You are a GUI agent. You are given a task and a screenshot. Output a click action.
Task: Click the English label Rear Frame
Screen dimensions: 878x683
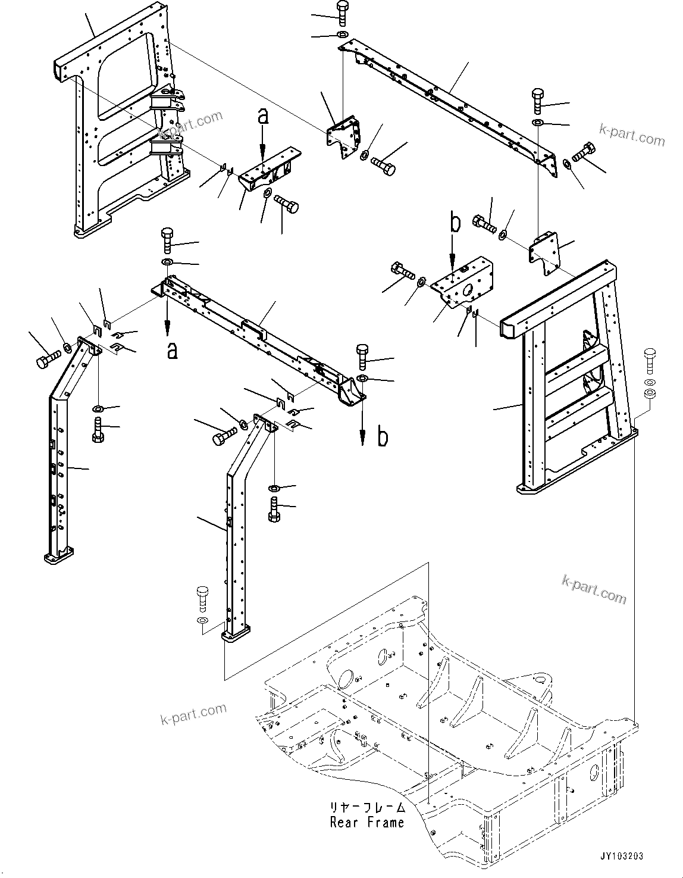367,823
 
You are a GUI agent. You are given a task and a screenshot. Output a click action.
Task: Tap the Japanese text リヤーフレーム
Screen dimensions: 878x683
368,808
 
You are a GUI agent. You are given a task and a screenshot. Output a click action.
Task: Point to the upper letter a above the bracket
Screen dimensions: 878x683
263,117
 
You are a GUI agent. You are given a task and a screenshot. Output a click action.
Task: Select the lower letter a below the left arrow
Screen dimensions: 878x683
172,351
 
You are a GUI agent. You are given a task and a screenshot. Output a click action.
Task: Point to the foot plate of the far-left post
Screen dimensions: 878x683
58,558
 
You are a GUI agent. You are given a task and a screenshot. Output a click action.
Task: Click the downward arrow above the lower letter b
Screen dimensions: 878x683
362,426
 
